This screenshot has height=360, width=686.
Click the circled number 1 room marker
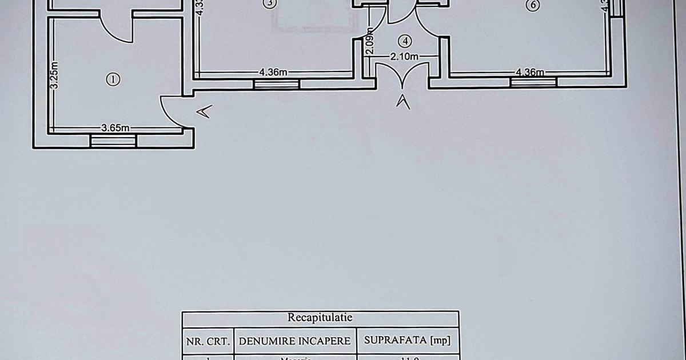click(114, 79)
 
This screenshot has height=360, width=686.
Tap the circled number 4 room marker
click(405, 41)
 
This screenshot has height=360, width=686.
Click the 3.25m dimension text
click(54, 75)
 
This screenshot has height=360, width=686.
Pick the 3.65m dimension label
click(115, 128)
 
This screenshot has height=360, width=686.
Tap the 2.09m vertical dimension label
click(370, 41)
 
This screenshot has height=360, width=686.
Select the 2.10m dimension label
click(405, 56)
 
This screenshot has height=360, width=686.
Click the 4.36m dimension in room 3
click(273, 72)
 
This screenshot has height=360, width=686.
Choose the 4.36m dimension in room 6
click(529, 72)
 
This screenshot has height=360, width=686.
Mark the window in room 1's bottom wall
click(113, 141)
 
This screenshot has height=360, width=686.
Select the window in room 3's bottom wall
click(277, 85)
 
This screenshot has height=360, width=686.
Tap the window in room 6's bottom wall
click(533, 82)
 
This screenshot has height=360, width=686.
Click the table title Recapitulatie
click(320, 318)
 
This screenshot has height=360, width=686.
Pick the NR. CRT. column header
click(208, 341)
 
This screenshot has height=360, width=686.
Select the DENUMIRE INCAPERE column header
click(294, 341)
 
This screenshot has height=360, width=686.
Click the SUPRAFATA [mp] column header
click(407, 341)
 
